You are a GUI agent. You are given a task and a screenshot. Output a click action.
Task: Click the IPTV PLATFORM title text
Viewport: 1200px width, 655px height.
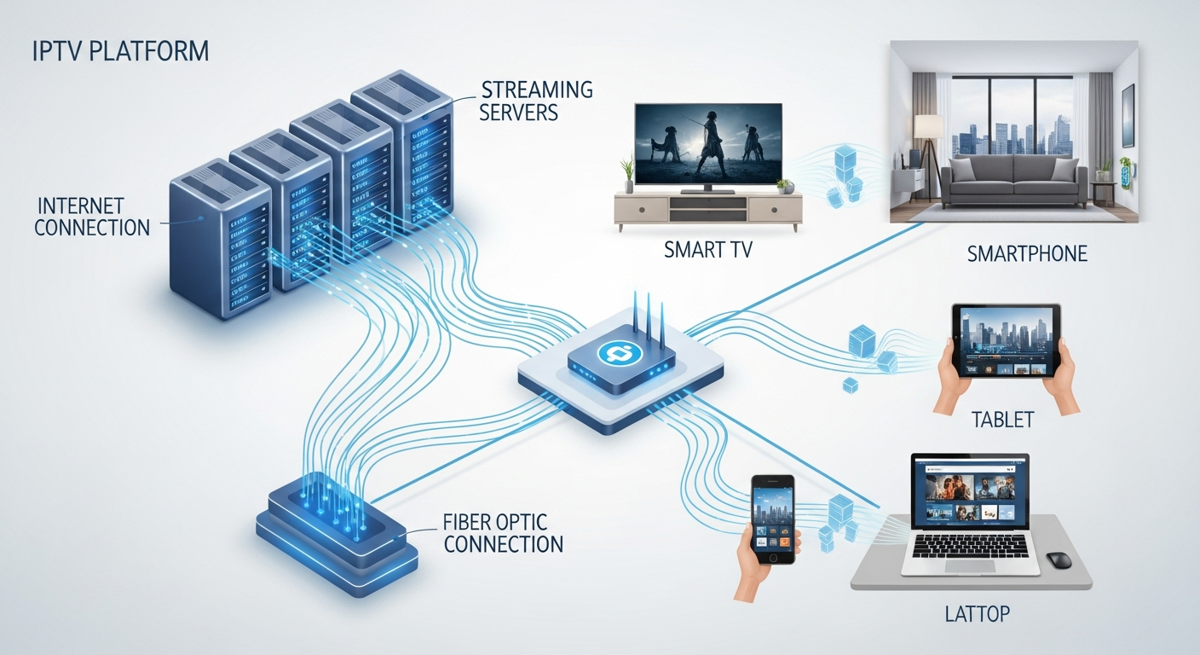tap(120, 52)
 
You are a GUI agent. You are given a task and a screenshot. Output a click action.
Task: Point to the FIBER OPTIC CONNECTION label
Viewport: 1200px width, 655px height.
tap(503, 533)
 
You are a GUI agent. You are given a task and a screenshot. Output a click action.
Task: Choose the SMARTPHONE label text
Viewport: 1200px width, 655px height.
tap(1027, 253)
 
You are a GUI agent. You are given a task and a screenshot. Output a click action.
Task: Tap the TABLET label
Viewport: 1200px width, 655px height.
tap(1002, 419)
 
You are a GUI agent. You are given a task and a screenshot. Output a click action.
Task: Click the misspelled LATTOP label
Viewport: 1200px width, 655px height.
tap(978, 613)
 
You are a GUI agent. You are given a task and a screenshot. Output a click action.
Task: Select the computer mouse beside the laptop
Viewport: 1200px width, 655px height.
tap(1059, 560)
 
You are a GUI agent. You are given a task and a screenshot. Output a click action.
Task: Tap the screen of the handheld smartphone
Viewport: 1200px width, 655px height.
tap(772, 517)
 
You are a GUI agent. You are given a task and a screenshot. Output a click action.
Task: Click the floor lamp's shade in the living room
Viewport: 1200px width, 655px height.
tap(928, 126)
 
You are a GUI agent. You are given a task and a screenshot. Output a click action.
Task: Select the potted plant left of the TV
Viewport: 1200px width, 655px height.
tap(628, 175)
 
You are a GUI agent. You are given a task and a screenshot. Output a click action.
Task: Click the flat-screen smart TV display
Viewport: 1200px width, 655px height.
tap(707, 142)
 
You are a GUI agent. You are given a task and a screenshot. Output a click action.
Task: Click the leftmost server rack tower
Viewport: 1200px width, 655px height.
tap(219, 244)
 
